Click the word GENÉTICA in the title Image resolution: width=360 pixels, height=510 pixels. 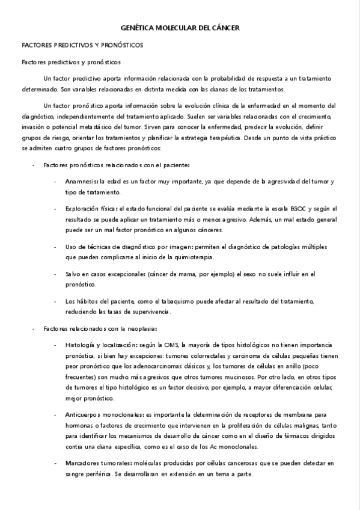point(137,28)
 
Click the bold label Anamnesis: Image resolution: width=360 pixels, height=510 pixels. point(82,181)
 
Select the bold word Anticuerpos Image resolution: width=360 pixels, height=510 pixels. point(84,414)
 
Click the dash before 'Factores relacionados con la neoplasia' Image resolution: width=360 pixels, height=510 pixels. point(32,328)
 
